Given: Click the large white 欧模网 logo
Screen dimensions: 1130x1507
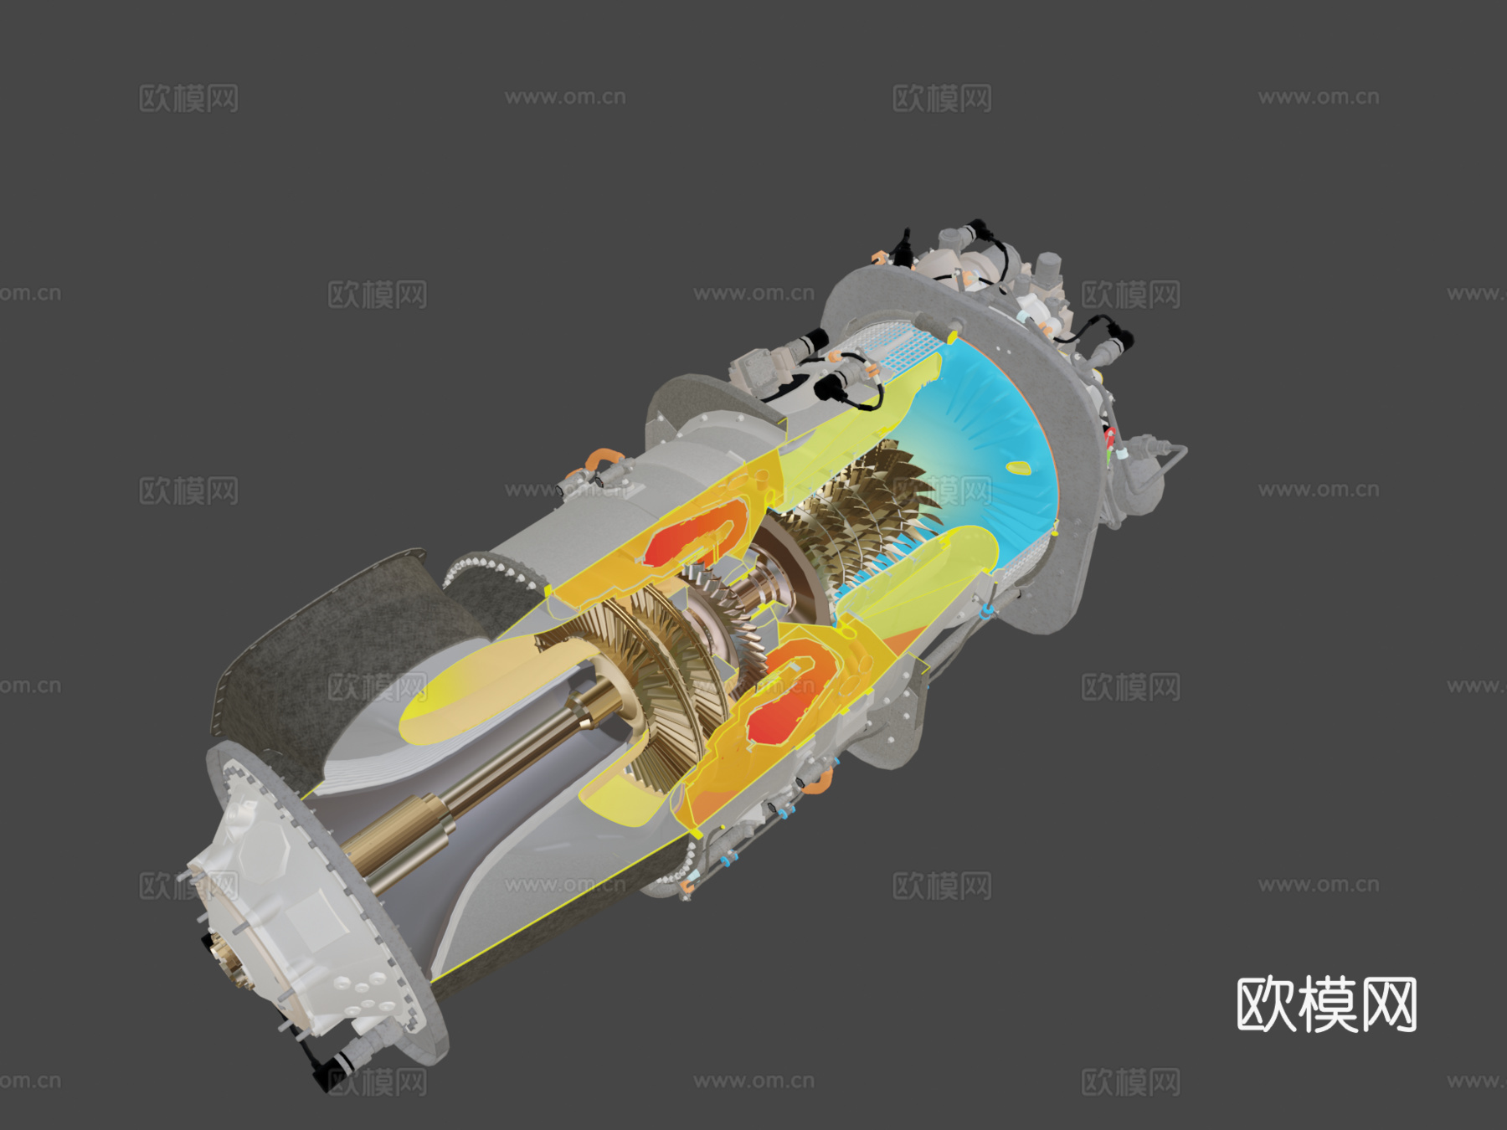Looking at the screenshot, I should tap(1326, 1004).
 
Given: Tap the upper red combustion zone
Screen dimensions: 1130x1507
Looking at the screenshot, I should tap(682, 536).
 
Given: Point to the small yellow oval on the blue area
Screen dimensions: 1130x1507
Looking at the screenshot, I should tap(1017, 468).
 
